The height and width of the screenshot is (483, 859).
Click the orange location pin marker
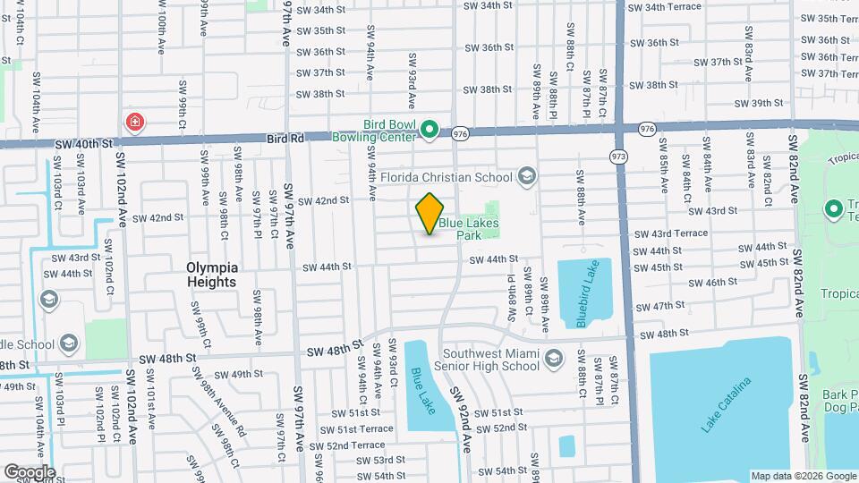(x=429, y=214)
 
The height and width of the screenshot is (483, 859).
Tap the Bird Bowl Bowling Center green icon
(x=429, y=131)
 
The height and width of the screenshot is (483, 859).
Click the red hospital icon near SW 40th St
(x=135, y=121)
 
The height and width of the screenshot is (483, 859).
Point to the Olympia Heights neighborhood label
(x=212, y=275)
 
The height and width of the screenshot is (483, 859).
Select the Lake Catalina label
(x=726, y=405)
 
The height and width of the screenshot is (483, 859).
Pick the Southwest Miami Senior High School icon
(x=554, y=360)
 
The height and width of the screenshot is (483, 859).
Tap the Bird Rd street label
(x=285, y=139)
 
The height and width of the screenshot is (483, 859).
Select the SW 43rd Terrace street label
(x=670, y=233)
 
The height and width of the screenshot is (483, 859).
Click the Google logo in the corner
(x=30, y=471)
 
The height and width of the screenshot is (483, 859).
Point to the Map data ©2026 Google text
(x=803, y=476)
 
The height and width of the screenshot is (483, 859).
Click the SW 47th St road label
(x=662, y=306)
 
